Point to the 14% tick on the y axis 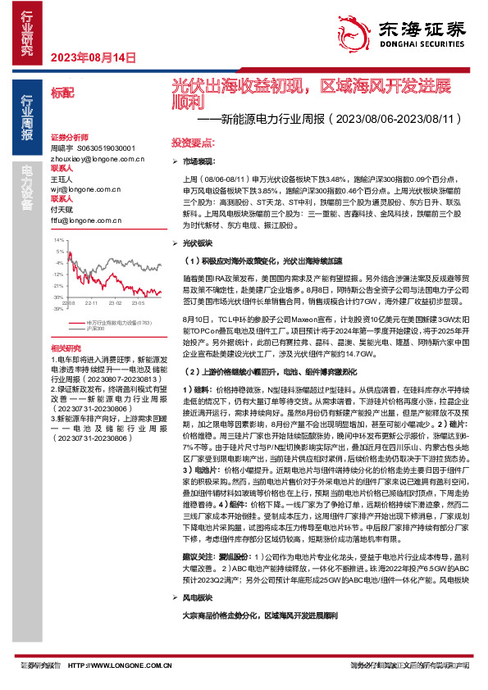click(58, 240)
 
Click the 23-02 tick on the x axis click(114, 302)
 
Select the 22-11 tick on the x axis click(92, 302)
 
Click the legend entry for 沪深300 click(94, 329)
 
